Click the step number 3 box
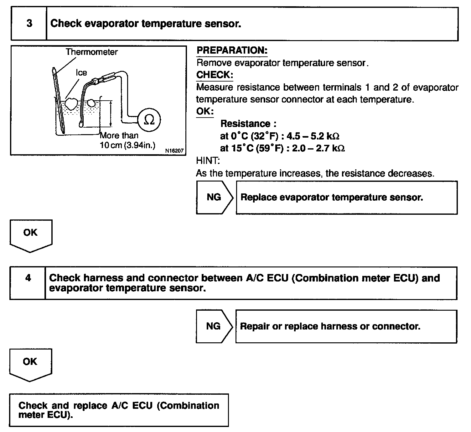tap(29, 24)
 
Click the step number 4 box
tap(28, 278)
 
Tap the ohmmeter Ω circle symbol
tap(149, 120)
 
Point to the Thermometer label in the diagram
tap(92, 52)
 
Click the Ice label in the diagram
tap(81, 73)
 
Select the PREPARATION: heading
tap(232, 50)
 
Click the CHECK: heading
tap(215, 75)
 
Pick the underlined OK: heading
tap(205, 111)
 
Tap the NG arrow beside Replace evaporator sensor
tap(214, 197)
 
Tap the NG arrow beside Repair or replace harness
tap(214, 326)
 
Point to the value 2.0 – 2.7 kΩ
tap(318, 148)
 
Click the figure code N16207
tap(174, 151)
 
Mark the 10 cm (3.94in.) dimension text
tap(127, 146)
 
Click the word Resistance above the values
tap(245, 124)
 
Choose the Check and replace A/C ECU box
tap(119, 410)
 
